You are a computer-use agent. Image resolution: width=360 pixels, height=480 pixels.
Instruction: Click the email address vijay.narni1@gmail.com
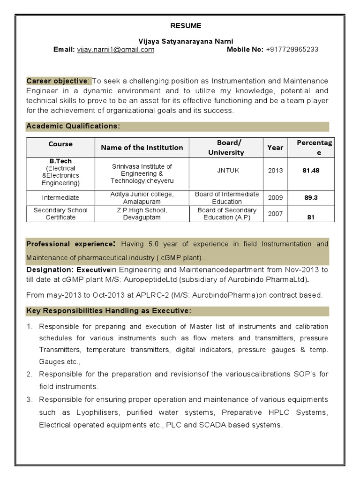(x=115, y=49)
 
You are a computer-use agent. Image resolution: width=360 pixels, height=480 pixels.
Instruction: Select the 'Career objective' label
(x=56, y=81)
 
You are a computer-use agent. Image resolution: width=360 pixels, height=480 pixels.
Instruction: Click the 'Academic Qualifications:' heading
(x=73, y=126)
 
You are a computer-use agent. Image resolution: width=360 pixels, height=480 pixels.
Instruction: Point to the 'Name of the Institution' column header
(x=142, y=148)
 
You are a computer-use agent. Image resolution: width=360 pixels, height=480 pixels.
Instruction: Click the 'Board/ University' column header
(x=226, y=147)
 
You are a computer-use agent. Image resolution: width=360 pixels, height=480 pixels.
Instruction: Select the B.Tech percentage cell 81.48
(x=311, y=171)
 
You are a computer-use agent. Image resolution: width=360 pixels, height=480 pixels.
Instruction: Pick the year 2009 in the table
(x=275, y=197)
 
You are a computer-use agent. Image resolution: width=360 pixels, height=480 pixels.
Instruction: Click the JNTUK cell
(x=228, y=170)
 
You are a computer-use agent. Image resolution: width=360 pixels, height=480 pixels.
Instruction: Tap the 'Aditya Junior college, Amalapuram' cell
(x=142, y=197)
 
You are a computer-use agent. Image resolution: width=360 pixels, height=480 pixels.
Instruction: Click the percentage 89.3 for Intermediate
(x=311, y=198)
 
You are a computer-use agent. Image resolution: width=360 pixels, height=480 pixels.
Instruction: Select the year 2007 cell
(x=275, y=213)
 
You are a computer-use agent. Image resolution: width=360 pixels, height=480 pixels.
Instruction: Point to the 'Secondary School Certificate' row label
(x=60, y=214)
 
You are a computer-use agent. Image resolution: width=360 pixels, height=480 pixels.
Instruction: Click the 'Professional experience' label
(x=70, y=244)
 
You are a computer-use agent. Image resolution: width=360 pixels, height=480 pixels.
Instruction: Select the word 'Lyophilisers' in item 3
(x=90, y=413)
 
